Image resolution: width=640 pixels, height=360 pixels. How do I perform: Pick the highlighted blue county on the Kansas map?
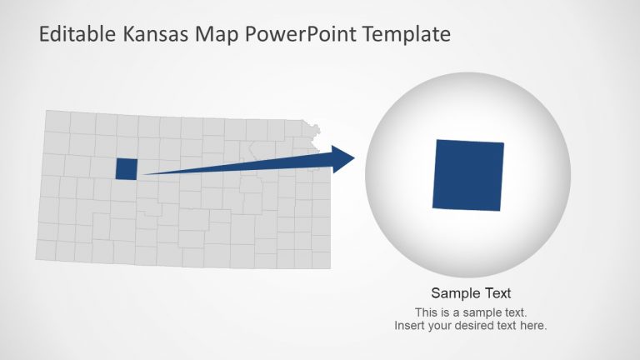[126, 168]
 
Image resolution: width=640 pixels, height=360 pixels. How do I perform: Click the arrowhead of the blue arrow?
[342, 158]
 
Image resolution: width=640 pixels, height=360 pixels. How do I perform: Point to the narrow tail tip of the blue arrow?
[143, 174]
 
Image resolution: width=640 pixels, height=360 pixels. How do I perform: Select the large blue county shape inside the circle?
[468, 175]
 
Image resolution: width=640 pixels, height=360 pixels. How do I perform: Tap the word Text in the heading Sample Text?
[496, 293]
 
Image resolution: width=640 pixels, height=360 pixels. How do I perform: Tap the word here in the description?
[533, 325]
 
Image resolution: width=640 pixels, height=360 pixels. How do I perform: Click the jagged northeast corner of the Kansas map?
[316, 129]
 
